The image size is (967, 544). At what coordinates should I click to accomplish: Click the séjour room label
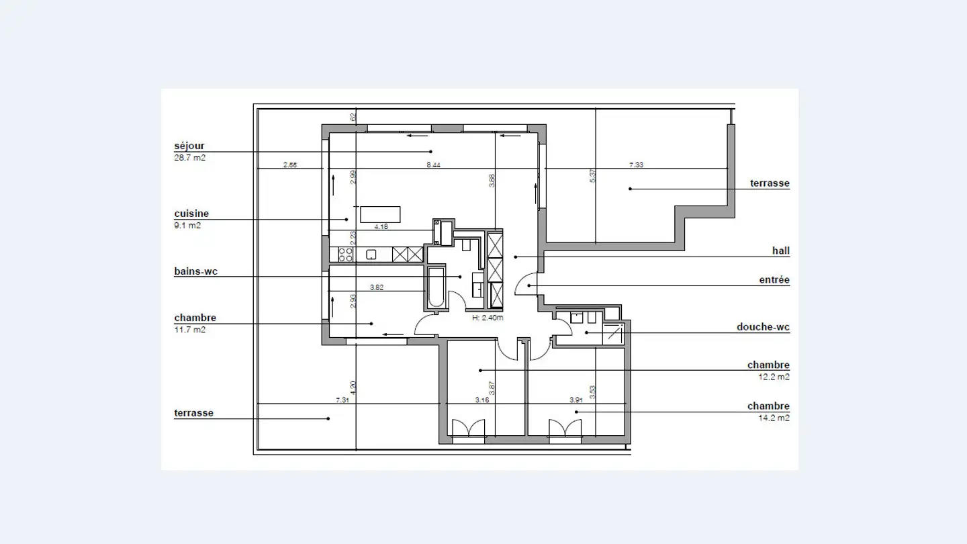point(189,146)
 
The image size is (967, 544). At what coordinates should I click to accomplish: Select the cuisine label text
point(191,214)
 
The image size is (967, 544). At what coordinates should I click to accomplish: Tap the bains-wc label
point(195,272)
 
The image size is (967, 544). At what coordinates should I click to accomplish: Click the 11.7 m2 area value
point(189,330)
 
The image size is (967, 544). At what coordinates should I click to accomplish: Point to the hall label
point(780,251)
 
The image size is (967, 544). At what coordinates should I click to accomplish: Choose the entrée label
point(774,280)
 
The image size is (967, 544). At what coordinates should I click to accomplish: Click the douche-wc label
point(763,328)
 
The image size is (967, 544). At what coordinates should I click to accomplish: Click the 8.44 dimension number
point(434,165)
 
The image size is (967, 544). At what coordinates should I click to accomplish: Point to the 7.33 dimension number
point(635,165)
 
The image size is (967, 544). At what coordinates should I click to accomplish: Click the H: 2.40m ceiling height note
point(488,318)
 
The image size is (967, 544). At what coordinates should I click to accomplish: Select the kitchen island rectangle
point(380,214)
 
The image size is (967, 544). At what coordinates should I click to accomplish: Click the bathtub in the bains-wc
point(436,288)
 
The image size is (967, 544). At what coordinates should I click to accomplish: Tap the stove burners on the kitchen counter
point(345,255)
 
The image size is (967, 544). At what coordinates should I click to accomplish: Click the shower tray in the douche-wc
point(612,333)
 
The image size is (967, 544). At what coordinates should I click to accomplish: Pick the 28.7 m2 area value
point(189,158)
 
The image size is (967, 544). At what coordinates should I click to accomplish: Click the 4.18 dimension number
point(380,227)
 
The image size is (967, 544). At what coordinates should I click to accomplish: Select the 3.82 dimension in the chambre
point(377,287)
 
